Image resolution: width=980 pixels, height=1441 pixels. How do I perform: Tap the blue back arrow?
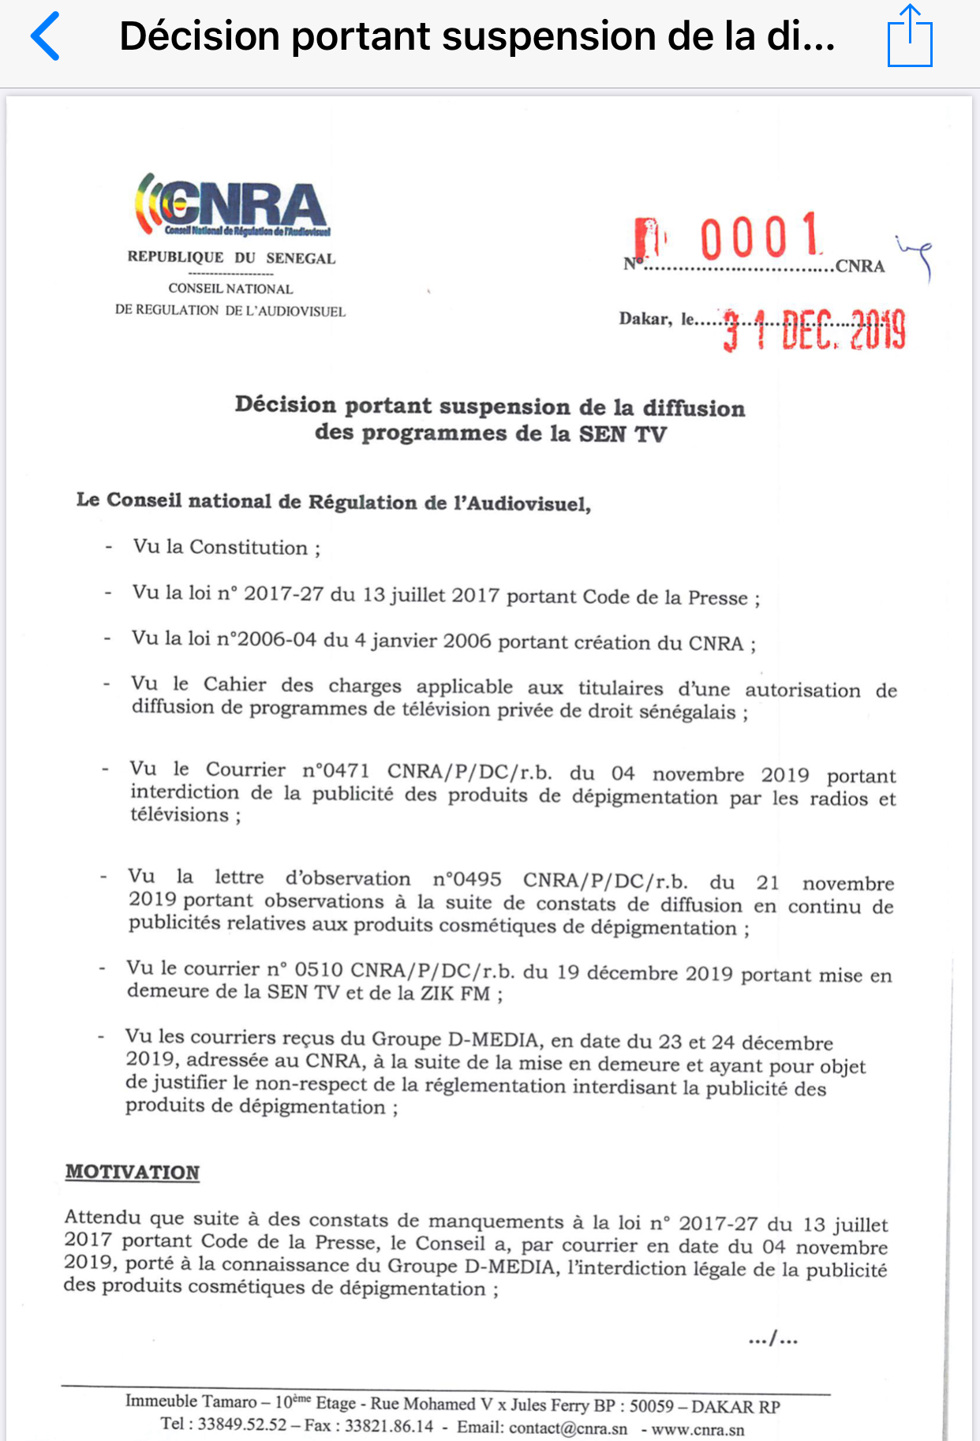tap(45, 36)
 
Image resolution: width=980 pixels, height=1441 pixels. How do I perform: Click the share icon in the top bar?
tap(910, 36)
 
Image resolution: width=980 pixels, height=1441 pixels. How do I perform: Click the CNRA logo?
tap(232, 205)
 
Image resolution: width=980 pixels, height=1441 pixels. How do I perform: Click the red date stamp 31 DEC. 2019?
tap(814, 329)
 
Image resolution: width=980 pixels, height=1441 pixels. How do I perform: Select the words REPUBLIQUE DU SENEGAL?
tap(231, 258)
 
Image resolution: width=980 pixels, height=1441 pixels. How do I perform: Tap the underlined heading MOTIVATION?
tap(133, 1172)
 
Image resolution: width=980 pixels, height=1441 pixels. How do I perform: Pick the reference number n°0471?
tap(335, 770)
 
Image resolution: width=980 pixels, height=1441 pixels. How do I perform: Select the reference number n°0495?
tap(467, 879)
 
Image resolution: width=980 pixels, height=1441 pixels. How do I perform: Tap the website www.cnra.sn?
tap(698, 1429)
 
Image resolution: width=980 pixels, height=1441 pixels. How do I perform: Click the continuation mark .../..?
tap(772, 1338)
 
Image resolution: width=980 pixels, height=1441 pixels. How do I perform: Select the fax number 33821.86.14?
tap(389, 1426)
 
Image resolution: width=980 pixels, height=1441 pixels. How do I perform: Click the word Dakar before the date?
tap(645, 319)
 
